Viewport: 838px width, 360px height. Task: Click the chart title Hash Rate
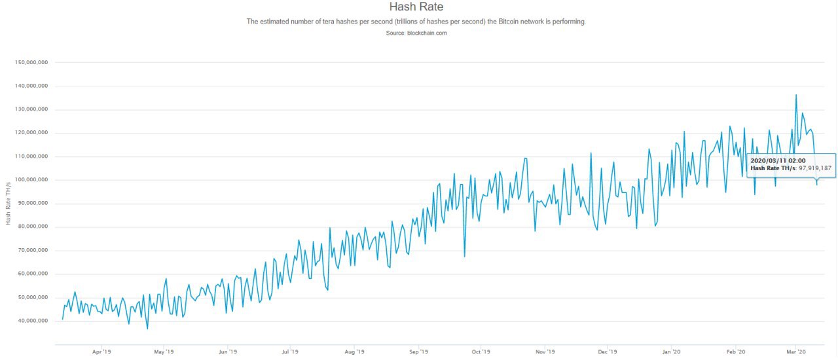416,7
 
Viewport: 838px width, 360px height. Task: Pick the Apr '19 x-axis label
101,351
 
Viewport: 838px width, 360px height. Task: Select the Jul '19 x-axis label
290,351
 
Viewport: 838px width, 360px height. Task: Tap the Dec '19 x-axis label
607,351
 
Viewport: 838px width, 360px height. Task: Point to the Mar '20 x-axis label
796,351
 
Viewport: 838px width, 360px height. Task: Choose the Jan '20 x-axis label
672,351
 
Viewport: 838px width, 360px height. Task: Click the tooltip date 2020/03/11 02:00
778,160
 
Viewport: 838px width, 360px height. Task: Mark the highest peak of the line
795,95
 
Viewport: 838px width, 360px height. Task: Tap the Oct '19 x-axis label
481,351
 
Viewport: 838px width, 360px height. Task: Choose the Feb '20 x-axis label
736,351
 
